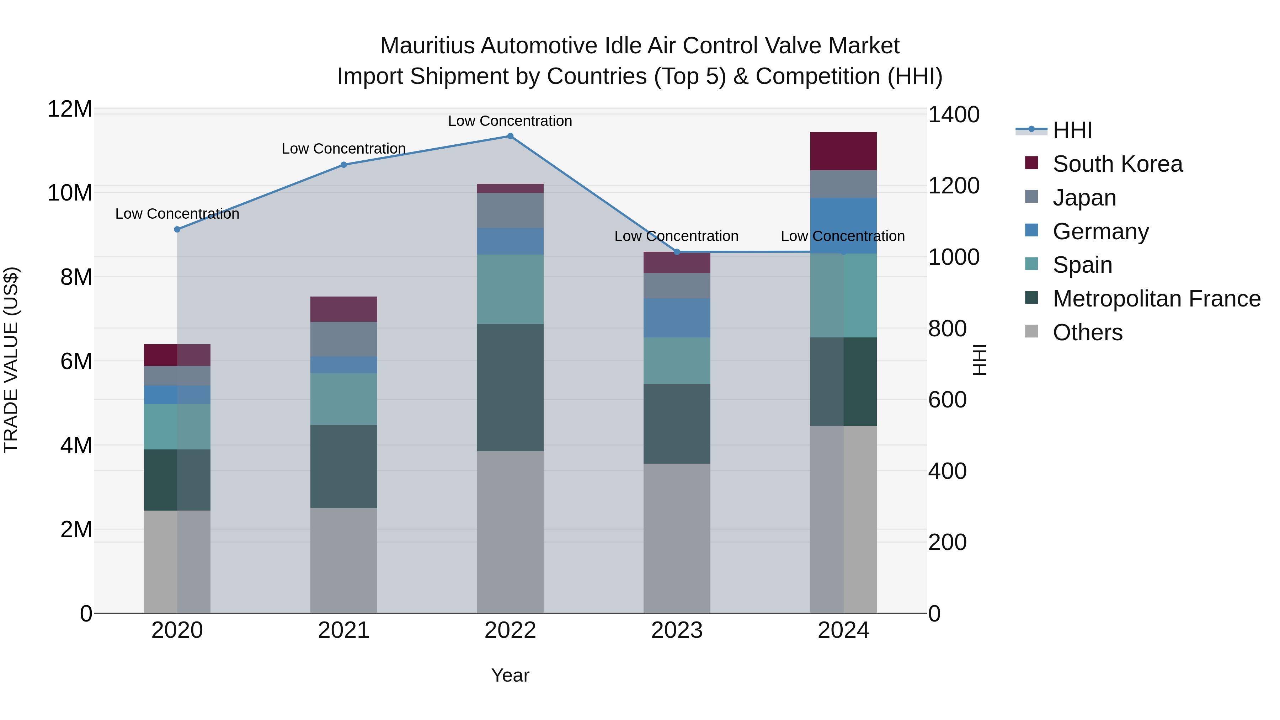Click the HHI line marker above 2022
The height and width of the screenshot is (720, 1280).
pos(510,136)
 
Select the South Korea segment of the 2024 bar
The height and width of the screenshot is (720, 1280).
pos(843,151)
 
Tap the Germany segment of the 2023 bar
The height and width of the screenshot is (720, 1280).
pos(676,318)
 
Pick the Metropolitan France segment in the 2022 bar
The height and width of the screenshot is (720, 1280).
pos(510,387)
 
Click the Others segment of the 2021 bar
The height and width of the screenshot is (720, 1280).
pos(343,560)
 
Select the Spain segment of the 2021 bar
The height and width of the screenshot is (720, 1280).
pos(343,399)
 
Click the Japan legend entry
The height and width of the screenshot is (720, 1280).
pos(1084,198)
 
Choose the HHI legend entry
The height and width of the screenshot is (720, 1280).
pos(1072,130)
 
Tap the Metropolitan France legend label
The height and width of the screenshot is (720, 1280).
pos(1156,299)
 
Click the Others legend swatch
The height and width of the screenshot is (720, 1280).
pos(1031,331)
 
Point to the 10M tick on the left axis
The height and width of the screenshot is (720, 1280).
pos(70,193)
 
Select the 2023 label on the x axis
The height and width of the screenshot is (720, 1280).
pos(676,630)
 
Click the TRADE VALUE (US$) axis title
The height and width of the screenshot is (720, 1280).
pos(11,360)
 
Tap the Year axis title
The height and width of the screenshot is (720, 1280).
pos(510,675)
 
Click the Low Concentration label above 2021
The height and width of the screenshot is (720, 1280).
pos(343,149)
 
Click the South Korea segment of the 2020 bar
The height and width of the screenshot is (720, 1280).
pos(177,355)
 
